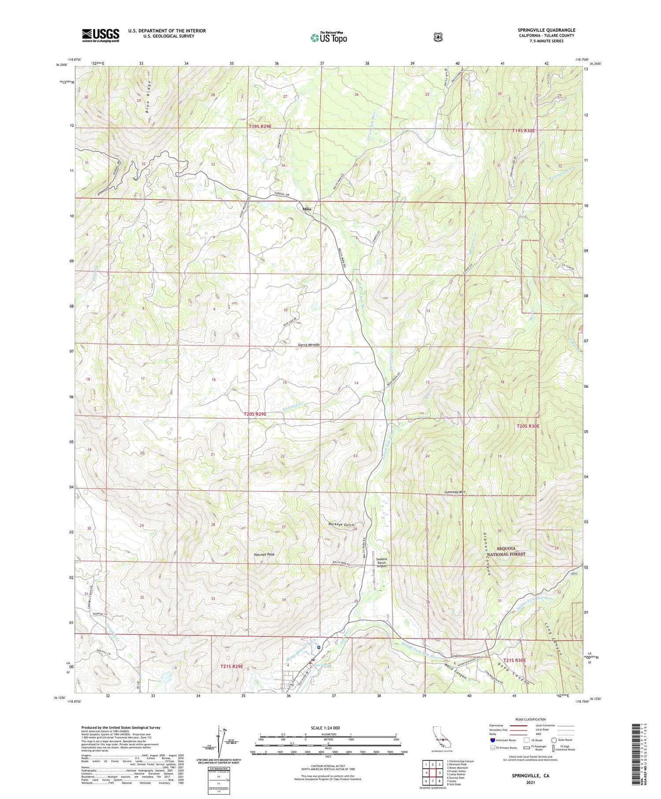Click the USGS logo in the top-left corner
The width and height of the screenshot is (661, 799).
point(100,35)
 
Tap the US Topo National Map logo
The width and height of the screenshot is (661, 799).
point(328,37)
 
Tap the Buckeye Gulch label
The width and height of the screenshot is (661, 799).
point(342,524)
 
